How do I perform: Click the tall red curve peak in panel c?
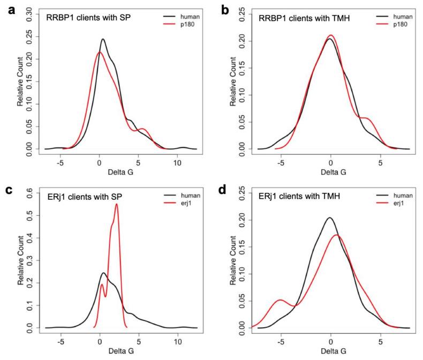click(x=116, y=204)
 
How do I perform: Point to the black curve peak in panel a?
click(x=103, y=40)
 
